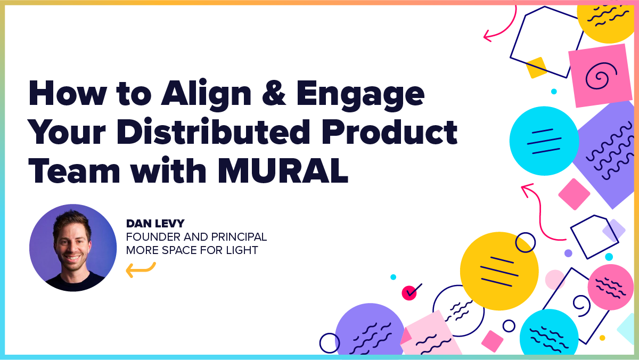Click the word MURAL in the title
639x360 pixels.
point(283,171)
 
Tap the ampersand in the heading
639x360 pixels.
point(274,93)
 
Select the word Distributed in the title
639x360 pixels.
point(214,132)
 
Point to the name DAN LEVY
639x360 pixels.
point(155,223)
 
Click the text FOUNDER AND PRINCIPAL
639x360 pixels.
point(196,237)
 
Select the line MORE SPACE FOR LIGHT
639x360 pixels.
point(192,250)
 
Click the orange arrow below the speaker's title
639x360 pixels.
point(141,269)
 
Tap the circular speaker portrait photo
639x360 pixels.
point(73,248)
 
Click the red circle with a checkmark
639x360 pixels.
point(409,293)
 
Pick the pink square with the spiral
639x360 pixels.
point(600,75)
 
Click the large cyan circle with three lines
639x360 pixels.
point(544,141)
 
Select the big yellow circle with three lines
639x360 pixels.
point(499,271)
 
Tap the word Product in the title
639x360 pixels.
point(389,132)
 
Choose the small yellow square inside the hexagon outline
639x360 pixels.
point(537,68)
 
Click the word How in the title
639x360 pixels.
point(68,93)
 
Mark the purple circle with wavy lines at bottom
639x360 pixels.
point(370,330)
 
